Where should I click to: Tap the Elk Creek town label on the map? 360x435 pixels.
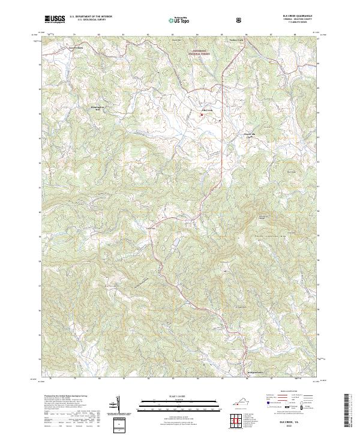click(x=208, y=110)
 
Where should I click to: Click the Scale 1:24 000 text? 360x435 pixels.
click(x=171, y=397)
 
